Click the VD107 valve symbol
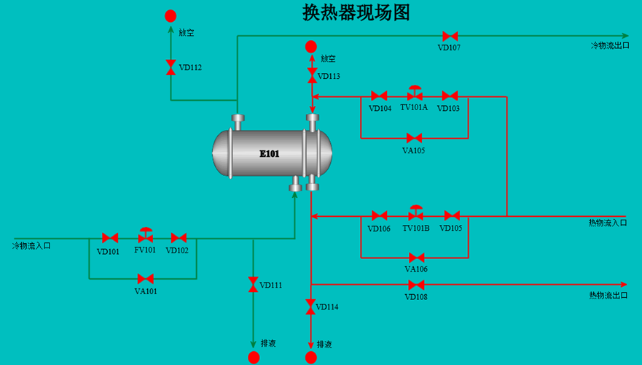(x=450, y=36)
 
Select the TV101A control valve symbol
(x=415, y=94)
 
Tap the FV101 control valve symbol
(x=145, y=235)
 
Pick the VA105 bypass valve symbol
(x=415, y=138)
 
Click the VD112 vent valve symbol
(x=171, y=67)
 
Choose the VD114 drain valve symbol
(x=310, y=307)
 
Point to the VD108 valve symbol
(x=416, y=284)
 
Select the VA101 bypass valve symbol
(x=145, y=279)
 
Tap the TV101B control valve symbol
(x=416, y=213)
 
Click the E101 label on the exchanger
(x=270, y=154)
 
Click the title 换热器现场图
(x=356, y=12)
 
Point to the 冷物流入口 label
(x=31, y=246)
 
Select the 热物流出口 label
(x=608, y=295)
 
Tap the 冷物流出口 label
(x=610, y=45)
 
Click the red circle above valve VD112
(x=171, y=16)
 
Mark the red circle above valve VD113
(x=310, y=47)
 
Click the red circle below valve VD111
(x=254, y=358)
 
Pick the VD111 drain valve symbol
(x=253, y=285)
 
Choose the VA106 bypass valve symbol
(x=416, y=258)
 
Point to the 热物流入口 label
(x=608, y=223)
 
